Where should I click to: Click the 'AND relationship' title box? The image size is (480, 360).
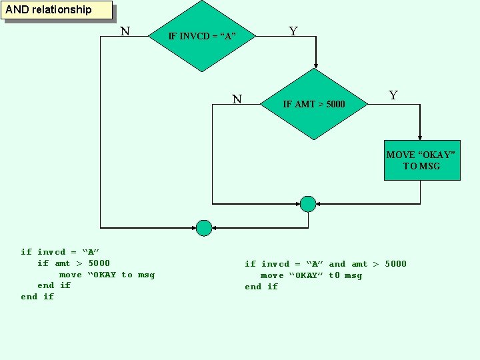pyautogui.click(x=57, y=10)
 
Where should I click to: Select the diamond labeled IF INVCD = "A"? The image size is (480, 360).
pyautogui.click(x=202, y=36)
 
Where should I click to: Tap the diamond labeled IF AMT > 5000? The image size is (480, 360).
pyautogui.click(x=314, y=104)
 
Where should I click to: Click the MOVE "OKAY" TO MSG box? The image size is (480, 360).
pyautogui.click(x=421, y=161)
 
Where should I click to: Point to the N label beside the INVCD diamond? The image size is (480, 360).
pyautogui.click(x=125, y=31)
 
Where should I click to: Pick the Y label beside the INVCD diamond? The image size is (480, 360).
pyautogui.click(x=293, y=31)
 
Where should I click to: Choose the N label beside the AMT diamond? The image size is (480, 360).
pyautogui.click(x=237, y=99)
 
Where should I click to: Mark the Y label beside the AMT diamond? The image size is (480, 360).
pyautogui.click(x=393, y=95)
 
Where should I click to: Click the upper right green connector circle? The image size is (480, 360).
pyautogui.click(x=307, y=203)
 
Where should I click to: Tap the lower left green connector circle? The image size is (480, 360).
pyautogui.click(x=204, y=228)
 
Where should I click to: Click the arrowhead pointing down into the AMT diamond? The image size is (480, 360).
pyautogui.click(x=315, y=65)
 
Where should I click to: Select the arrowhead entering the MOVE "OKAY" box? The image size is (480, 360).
pyautogui.click(x=420, y=137)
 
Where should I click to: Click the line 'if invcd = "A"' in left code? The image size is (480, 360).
pyautogui.click(x=60, y=252)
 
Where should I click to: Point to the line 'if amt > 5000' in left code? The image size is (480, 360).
pyautogui.click(x=73, y=263)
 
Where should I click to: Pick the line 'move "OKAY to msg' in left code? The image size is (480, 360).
pyautogui.click(x=107, y=275)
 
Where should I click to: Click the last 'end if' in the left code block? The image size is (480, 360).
pyautogui.click(x=37, y=297)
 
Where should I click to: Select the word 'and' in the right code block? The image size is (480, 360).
pyautogui.click(x=337, y=264)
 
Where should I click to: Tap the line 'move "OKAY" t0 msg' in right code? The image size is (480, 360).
pyautogui.click(x=311, y=275)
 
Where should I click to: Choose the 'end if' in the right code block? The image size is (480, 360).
pyautogui.click(x=261, y=287)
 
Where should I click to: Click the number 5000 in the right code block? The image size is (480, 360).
pyautogui.click(x=395, y=264)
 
